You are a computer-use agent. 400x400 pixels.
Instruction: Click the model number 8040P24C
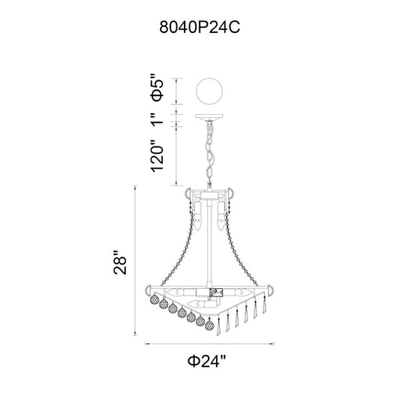point(200,27)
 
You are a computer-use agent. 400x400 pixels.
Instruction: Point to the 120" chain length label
point(157,155)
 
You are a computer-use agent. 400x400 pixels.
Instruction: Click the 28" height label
point(120,263)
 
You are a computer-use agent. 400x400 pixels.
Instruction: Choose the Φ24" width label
point(207,361)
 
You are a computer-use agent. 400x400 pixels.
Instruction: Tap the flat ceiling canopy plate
point(209,116)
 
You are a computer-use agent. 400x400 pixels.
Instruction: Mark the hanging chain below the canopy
point(209,153)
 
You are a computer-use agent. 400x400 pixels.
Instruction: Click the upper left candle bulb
point(198,216)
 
